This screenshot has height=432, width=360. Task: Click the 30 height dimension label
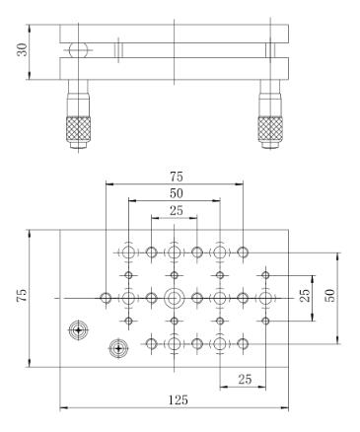(23, 49)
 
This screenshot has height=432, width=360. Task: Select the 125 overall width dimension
(179, 399)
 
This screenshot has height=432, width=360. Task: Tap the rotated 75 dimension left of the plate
(22, 296)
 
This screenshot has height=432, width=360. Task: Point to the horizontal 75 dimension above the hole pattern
(177, 177)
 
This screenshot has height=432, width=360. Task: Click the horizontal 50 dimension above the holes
(177, 193)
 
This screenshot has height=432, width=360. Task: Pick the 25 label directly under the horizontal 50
(177, 210)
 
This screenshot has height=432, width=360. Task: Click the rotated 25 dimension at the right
(306, 295)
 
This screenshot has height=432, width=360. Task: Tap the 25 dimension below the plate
(245, 380)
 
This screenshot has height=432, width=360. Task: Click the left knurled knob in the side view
(78, 129)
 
